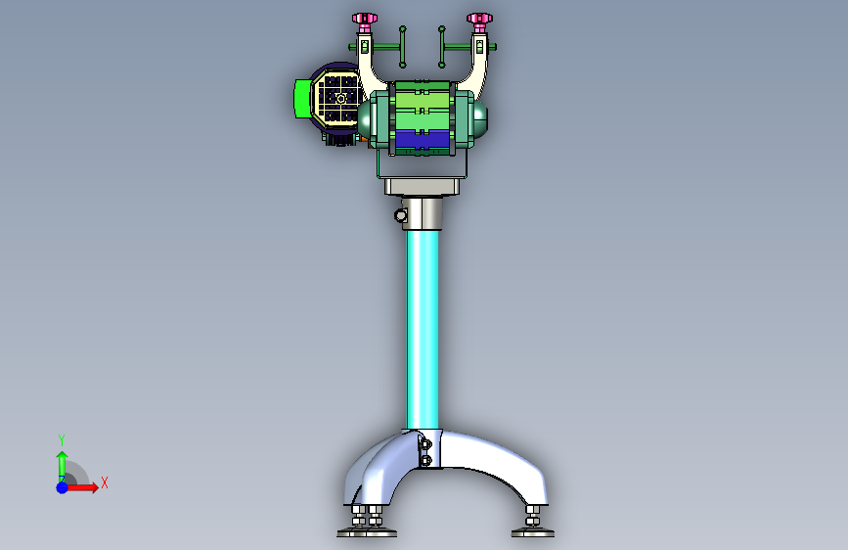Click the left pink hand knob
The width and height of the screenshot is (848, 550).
[x=365, y=19]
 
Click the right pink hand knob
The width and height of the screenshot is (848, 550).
[x=479, y=19]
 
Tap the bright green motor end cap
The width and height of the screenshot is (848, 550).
[x=302, y=98]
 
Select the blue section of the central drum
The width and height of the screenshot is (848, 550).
[x=423, y=139]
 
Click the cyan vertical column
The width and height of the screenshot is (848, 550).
[x=423, y=329]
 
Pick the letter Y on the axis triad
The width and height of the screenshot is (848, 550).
[x=62, y=439]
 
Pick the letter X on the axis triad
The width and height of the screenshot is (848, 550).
[x=105, y=482]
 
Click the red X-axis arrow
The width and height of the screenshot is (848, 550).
[x=82, y=487]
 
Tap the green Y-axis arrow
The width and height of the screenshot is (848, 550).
[x=63, y=466]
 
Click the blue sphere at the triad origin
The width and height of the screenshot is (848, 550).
[x=63, y=487]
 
